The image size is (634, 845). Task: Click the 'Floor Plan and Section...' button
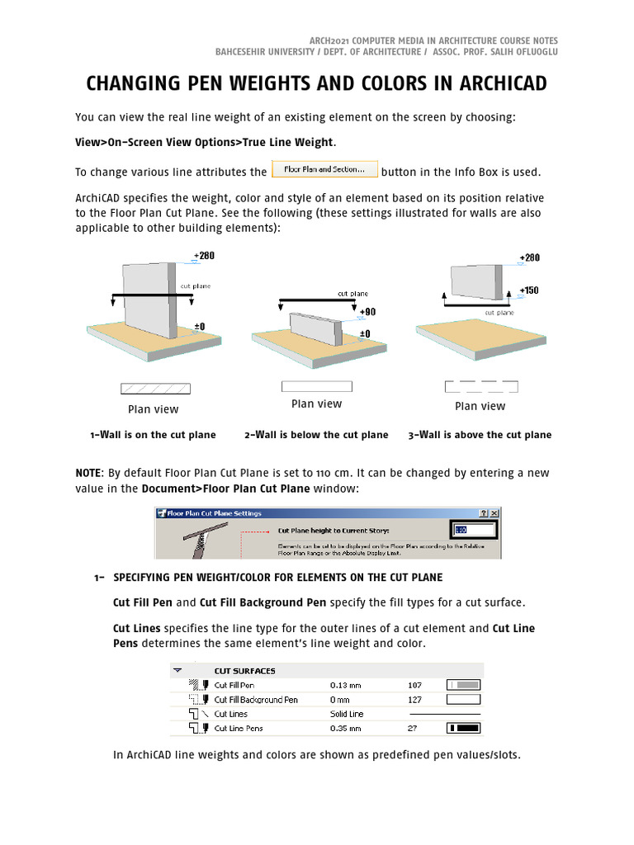[x=324, y=170]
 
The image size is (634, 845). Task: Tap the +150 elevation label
[x=529, y=290]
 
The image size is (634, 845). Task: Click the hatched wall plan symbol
[x=155, y=388]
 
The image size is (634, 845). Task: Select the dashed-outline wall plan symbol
[x=480, y=386]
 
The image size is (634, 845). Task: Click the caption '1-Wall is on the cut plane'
[x=153, y=435]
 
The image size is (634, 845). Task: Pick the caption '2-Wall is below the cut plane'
[x=316, y=435]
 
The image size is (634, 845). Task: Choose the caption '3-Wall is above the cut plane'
[x=480, y=435]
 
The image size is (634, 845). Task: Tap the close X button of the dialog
[x=495, y=513]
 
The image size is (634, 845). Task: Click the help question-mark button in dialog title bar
[x=483, y=513]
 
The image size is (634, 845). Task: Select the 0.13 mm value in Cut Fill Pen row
[x=345, y=685]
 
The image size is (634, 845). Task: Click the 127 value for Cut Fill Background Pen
[x=414, y=700]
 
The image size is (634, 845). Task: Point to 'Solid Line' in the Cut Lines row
[x=347, y=714]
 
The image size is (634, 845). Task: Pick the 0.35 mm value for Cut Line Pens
[x=345, y=729]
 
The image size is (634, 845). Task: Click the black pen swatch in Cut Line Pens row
[x=463, y=729]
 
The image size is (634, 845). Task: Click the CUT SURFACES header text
[x=244, y=671]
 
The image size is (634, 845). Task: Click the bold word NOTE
[x=88, y=473]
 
